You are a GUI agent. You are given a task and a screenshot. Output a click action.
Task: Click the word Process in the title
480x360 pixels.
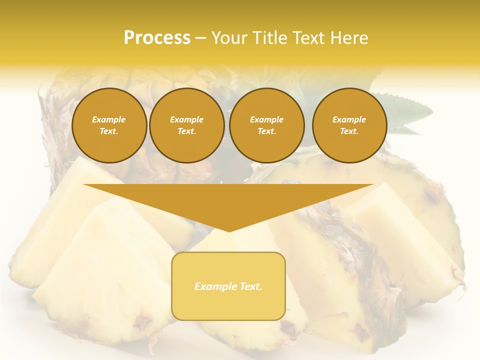point(157,38)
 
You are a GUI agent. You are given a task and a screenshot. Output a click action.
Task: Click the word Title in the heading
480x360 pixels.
point(268,38)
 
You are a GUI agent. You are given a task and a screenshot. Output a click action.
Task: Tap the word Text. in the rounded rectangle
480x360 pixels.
point(250,286)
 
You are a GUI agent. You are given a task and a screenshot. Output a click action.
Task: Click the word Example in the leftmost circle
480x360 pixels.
point(109,119)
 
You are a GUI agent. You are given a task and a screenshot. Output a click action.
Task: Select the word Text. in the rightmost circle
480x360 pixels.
point(349,131)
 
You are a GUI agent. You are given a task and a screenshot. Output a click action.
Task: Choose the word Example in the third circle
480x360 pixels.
point(266,119)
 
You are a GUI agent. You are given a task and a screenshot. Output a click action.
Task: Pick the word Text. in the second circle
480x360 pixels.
point(186,131)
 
